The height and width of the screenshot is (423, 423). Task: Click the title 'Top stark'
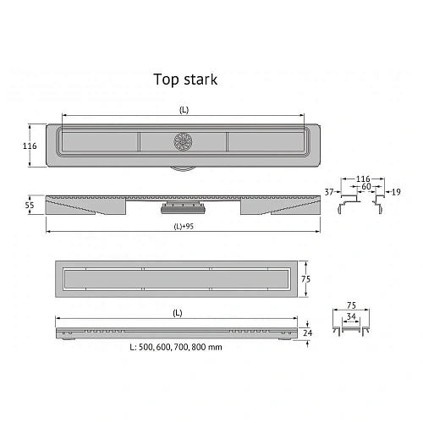184,80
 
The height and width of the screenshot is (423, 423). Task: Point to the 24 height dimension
310,334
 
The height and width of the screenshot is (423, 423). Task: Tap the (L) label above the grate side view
177,312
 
